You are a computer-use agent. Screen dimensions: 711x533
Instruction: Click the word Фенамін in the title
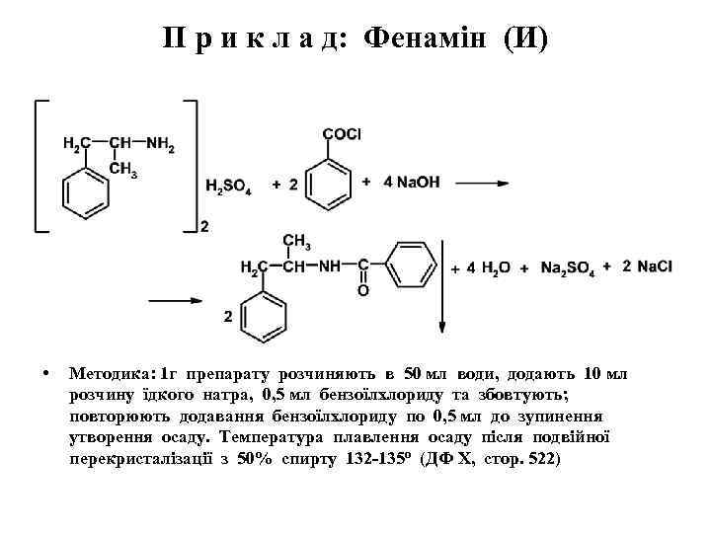click(x=427, y=38)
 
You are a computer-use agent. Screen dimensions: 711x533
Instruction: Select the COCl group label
click(x=342, y=134)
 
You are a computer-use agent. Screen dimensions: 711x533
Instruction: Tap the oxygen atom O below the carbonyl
click(x=362, y=290)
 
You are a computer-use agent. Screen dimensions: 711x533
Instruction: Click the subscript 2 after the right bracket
click(x=204, y=228)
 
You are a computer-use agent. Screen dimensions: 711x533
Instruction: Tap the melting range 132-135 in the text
click(x=375, y=460)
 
